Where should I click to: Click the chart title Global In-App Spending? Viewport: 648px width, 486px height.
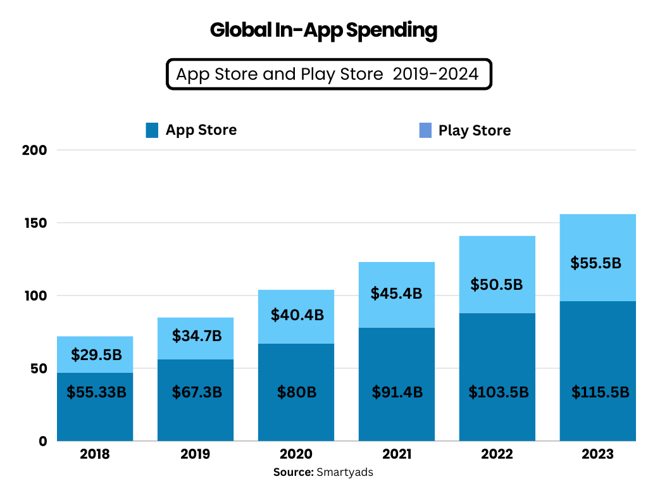(x=323, y=30)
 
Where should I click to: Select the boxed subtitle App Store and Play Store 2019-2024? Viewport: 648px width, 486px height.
(x=328, y=75)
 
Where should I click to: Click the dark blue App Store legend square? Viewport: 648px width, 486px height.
(x=152, y=130)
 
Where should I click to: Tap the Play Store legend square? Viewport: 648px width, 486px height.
(x=425, y=130)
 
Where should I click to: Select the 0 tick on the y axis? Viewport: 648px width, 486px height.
(x=43, y=441)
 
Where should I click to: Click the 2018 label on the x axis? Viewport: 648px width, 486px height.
(x=95, y=454)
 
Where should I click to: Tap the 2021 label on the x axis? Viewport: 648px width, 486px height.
(x=397, y=454)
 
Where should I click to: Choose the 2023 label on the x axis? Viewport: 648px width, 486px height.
(x=598, y=454)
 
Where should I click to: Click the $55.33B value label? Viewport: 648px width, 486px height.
(x=96, y=392)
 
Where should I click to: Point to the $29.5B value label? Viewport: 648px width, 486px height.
(x=96, y=355)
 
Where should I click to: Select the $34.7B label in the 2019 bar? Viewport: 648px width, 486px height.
(x=197, y=335)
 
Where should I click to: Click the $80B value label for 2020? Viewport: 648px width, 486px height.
(x=296, y=392)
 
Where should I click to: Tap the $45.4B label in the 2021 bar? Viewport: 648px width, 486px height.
(x=397, y=294)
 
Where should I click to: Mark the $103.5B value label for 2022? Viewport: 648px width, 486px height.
(x=498, y=392)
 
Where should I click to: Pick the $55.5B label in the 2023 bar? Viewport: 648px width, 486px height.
(x=598, y=263)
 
